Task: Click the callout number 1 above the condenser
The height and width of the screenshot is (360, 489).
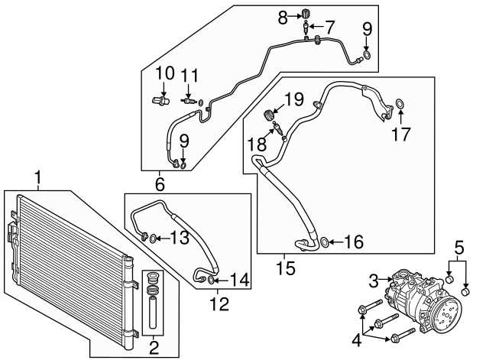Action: tap(36, 179)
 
